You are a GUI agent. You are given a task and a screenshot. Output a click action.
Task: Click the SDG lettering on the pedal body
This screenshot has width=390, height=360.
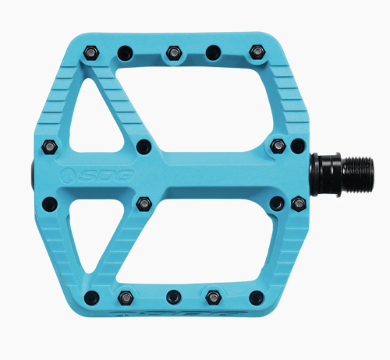coord(106,175)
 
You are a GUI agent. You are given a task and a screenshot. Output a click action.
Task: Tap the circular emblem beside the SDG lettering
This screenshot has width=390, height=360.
coord(69,175)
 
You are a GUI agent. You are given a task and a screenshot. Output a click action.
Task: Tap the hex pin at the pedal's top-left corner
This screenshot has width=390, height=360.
coord(91,53)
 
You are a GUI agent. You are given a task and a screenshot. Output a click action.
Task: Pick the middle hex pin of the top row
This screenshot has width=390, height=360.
coord(174,53)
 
